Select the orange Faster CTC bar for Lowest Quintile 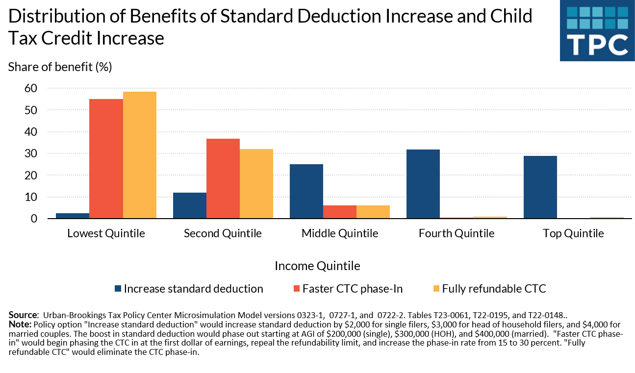[106, 159]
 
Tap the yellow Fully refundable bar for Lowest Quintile [140, 155]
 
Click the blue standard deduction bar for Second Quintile [190, 205]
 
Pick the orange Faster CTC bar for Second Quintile [223, 178]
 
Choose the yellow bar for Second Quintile [256, 184]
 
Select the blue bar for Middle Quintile [306, 191]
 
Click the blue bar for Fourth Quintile [423, 184]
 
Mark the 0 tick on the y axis [34, 219]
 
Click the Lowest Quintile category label [106, 233]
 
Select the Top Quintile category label [573, 233]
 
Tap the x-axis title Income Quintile [317, 266]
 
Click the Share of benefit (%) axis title [60, 67]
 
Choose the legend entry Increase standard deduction [193, 289]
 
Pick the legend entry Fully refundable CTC [494, 289]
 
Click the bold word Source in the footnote [23, 315]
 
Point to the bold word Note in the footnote [19, 323]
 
